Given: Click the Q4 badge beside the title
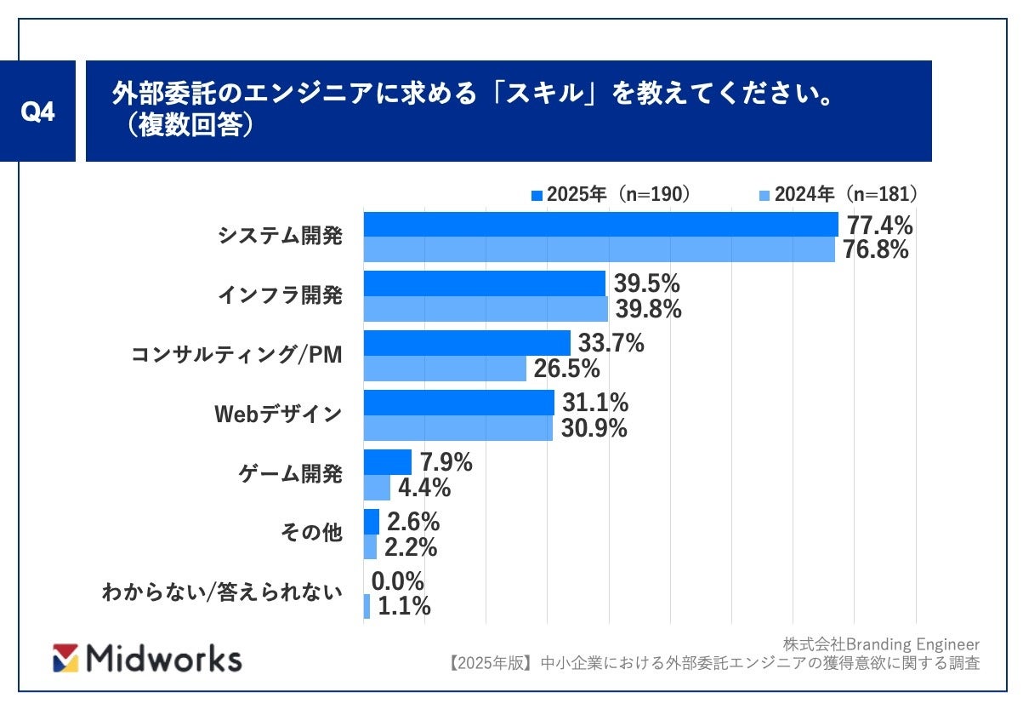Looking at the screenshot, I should (37, 111).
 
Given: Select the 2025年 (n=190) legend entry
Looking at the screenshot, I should (610, 195).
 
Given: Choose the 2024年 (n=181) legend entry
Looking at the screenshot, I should (837, 195).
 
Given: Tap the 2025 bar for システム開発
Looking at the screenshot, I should (600, 225).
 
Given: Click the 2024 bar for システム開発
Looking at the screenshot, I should (599, 249).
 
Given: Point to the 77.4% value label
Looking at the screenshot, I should (877, 226).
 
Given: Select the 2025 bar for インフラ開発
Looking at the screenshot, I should (484, 283).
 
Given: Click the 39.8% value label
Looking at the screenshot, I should (647, 309).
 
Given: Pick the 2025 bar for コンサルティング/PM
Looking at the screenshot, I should (467, 343).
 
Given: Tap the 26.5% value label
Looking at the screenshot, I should (566, 369).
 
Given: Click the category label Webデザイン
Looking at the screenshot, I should (277, 415).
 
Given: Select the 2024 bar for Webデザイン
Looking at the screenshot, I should (458, 428).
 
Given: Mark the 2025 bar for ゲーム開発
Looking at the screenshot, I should (387, 462).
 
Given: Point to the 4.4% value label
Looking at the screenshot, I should (423, 488).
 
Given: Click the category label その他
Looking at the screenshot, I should (311, 534).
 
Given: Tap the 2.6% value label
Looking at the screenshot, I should (412, 522).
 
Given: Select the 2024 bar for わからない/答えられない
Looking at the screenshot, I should (367, 607).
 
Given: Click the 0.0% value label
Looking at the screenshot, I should (398, 581).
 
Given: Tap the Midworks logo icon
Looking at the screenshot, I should (65, 658).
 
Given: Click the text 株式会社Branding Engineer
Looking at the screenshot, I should (881, 644).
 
